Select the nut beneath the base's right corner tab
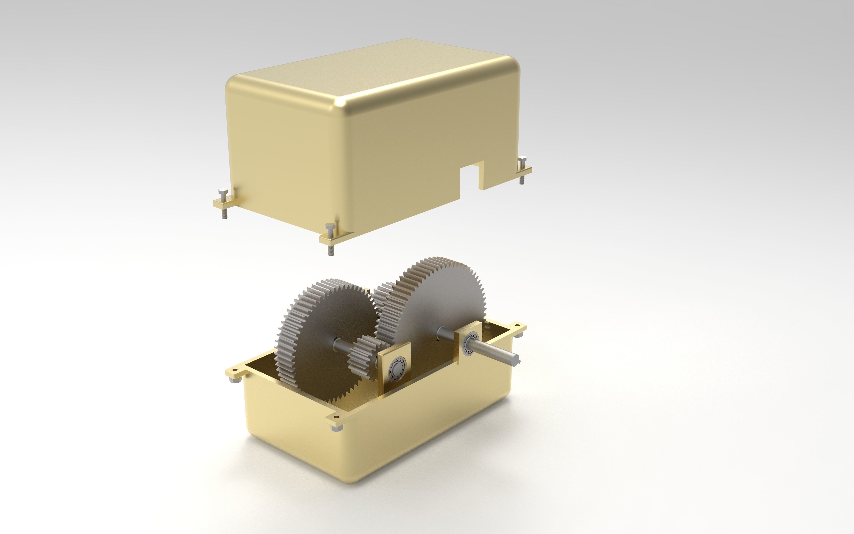(517, 334)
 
